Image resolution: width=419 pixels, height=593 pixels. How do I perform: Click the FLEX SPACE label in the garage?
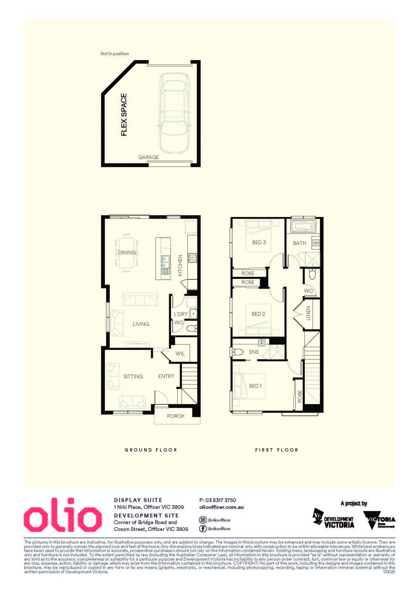pyautogui.click(x=124, y=115)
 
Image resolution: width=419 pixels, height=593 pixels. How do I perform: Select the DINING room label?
pyautogui.click(x=127, y=252)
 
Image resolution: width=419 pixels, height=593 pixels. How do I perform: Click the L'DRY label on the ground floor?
pyautogui.click(x=181, y=314)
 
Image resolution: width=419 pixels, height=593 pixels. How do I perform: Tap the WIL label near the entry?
pyautogui.click(x=180, y=354)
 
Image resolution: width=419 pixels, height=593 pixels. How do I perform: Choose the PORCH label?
pyautogui.click(x=176, y=416)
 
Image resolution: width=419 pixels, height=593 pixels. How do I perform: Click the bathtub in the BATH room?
pyautogui.click(x=303, y=226)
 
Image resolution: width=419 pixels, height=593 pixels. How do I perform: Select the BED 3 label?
pyautogui.click(x=259, y=242)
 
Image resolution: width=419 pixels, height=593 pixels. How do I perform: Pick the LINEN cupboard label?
pyautogui.click(x=308, y=313)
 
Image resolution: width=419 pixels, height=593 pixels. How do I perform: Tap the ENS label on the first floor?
pyautogui.click(x=254, y=352)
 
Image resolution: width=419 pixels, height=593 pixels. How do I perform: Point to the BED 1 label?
pyautogui.click(x=255, y=386)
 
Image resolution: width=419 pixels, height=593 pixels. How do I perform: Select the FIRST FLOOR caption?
pyautogui.click(x=276, y=450)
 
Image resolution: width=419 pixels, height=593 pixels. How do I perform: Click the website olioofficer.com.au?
pyautogui.click(x=221, y=507)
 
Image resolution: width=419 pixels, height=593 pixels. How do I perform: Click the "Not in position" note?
pyautogui.click(x=115, y=54)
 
